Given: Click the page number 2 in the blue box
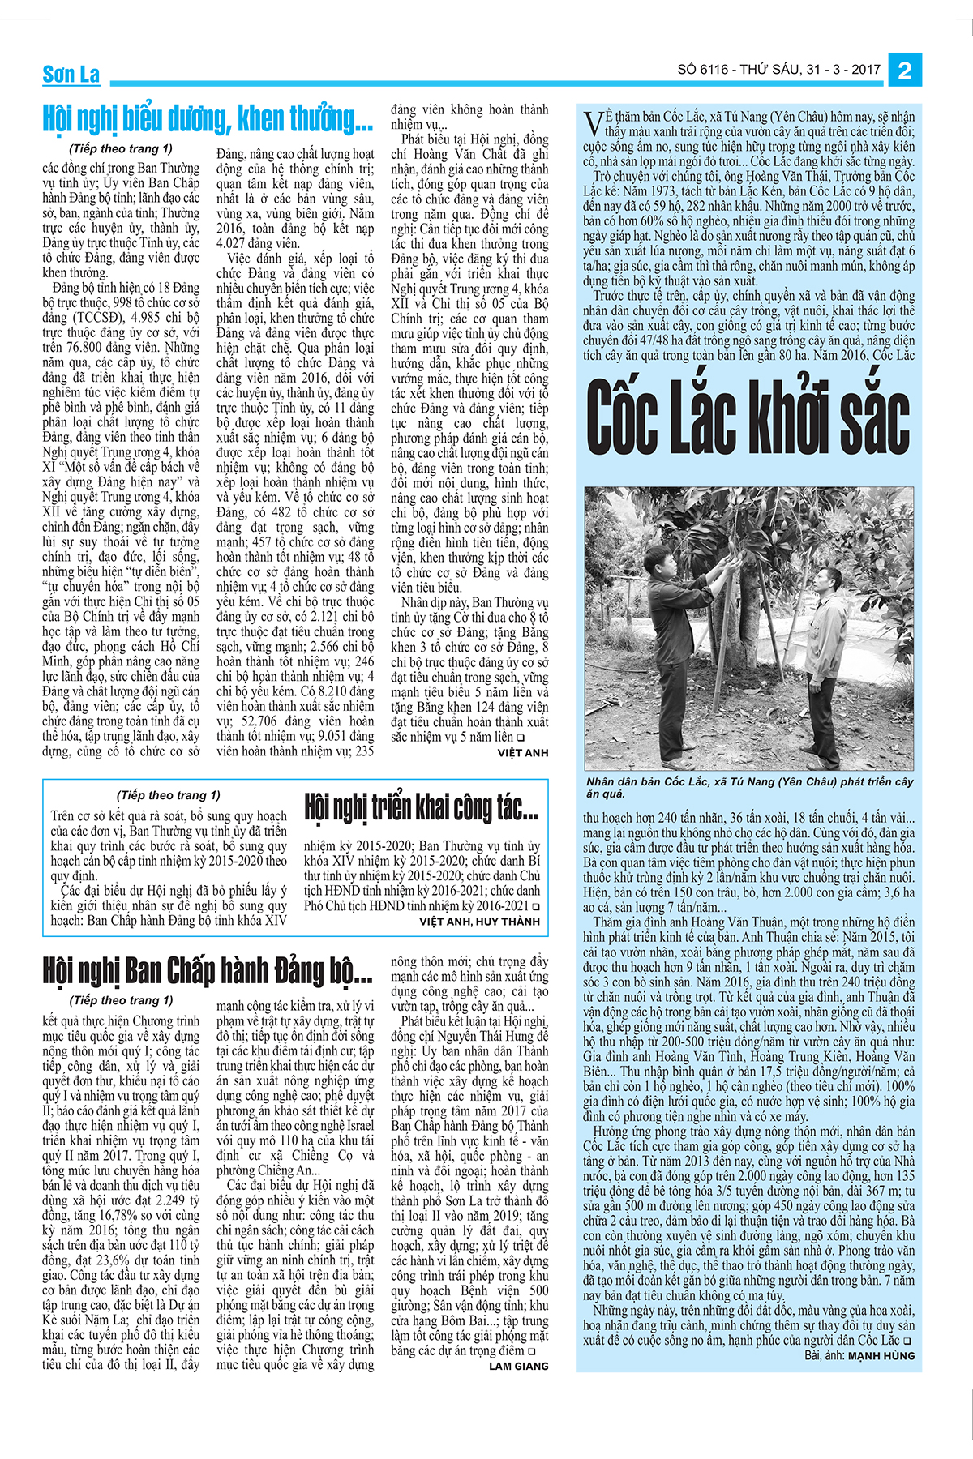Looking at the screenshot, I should point(904,71).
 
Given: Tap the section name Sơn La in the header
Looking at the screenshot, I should point(71,75).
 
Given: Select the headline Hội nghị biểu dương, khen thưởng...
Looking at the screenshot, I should point(208,119).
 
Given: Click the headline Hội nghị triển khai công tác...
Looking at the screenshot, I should point(421,807).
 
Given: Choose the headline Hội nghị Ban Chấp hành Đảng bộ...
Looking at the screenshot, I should point(208,970).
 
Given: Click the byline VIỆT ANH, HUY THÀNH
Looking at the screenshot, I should point(479,922).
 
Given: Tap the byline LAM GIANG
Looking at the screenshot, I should point(518,1366).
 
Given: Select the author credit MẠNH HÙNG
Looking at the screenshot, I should point(881,1355).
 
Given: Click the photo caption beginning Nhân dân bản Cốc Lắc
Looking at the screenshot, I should point(748,787).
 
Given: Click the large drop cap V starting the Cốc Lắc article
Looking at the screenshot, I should point(593,123).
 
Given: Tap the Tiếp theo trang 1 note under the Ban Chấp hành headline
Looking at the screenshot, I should point(121,1000).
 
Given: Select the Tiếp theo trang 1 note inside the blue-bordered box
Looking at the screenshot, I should point(168,795).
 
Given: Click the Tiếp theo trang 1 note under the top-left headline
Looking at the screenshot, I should point(121,148).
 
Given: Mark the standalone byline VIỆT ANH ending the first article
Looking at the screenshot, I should point(522,753).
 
